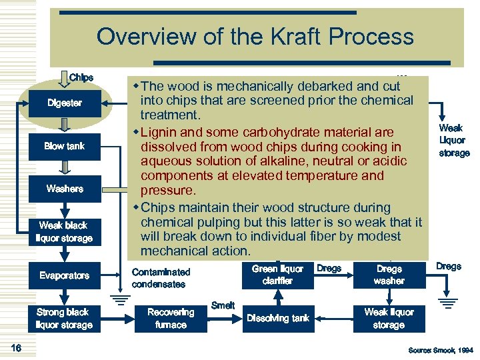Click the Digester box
65,103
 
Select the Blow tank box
65,146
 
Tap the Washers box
65,189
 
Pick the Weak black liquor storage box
65,232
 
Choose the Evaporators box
65,275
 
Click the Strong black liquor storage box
65,318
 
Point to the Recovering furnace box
171,318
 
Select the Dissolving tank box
278,318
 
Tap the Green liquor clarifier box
278,275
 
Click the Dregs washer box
389,275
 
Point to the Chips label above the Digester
81,77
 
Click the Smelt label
223,305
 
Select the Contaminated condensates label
161,278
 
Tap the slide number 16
17,347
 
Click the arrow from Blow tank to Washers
65,167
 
